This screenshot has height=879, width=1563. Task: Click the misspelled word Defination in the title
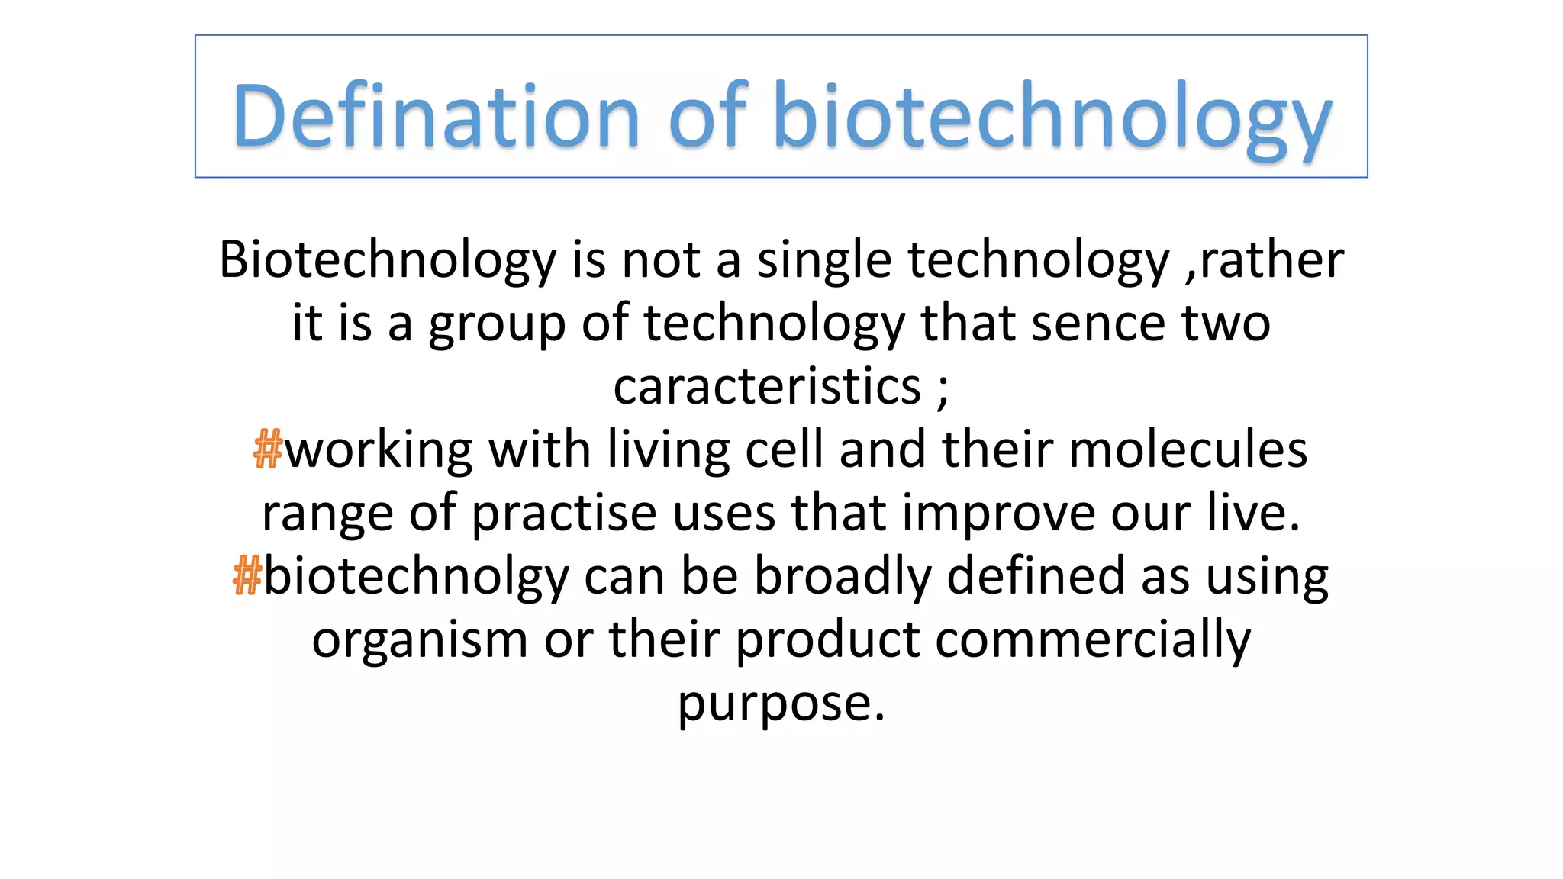coord(436,116)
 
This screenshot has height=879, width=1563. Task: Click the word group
coord(496,324)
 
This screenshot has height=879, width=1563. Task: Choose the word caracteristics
coord(767,386)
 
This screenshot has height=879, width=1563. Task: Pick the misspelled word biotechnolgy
coord(416,576)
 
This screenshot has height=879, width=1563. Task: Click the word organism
coord(419,639)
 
